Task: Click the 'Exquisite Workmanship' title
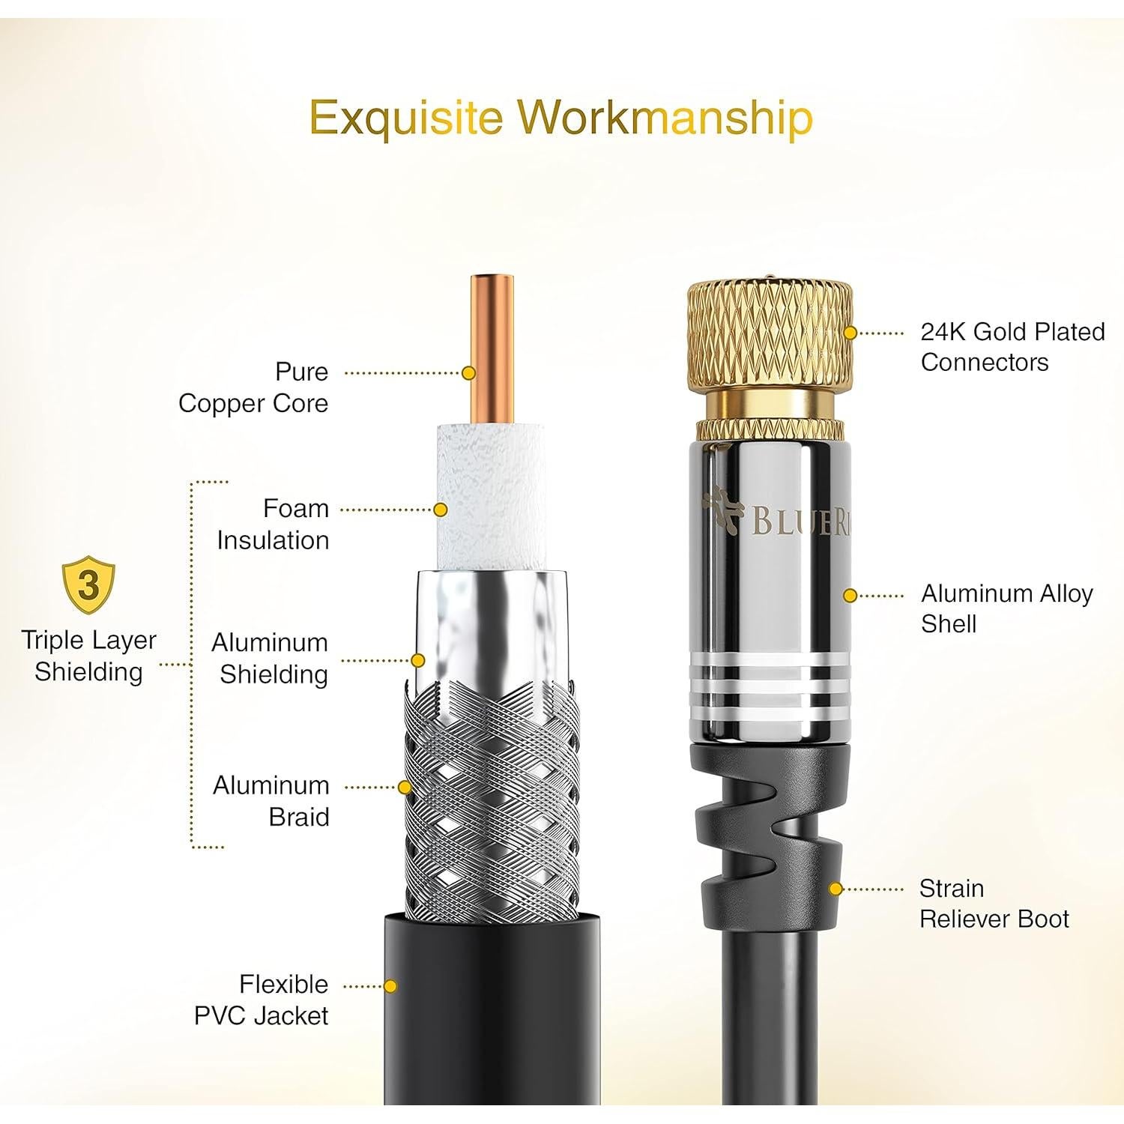point(561,118)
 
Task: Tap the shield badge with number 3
point(88,584)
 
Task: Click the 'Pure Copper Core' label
point(253,387)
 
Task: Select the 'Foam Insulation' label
point(274,524)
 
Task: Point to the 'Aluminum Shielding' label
point(271,658)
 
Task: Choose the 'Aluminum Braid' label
point(271,800)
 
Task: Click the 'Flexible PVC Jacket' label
point(262,1000)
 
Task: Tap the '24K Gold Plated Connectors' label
point(1012,346)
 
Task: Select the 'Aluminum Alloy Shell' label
point(1006,608)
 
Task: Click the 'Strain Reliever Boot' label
point(994,903)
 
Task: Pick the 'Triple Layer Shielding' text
point(88,655)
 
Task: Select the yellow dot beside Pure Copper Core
point(469,372)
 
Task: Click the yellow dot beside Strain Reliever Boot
point(836,889)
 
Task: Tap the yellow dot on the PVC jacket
point(390,986)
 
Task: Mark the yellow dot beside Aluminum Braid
point(405,787)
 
